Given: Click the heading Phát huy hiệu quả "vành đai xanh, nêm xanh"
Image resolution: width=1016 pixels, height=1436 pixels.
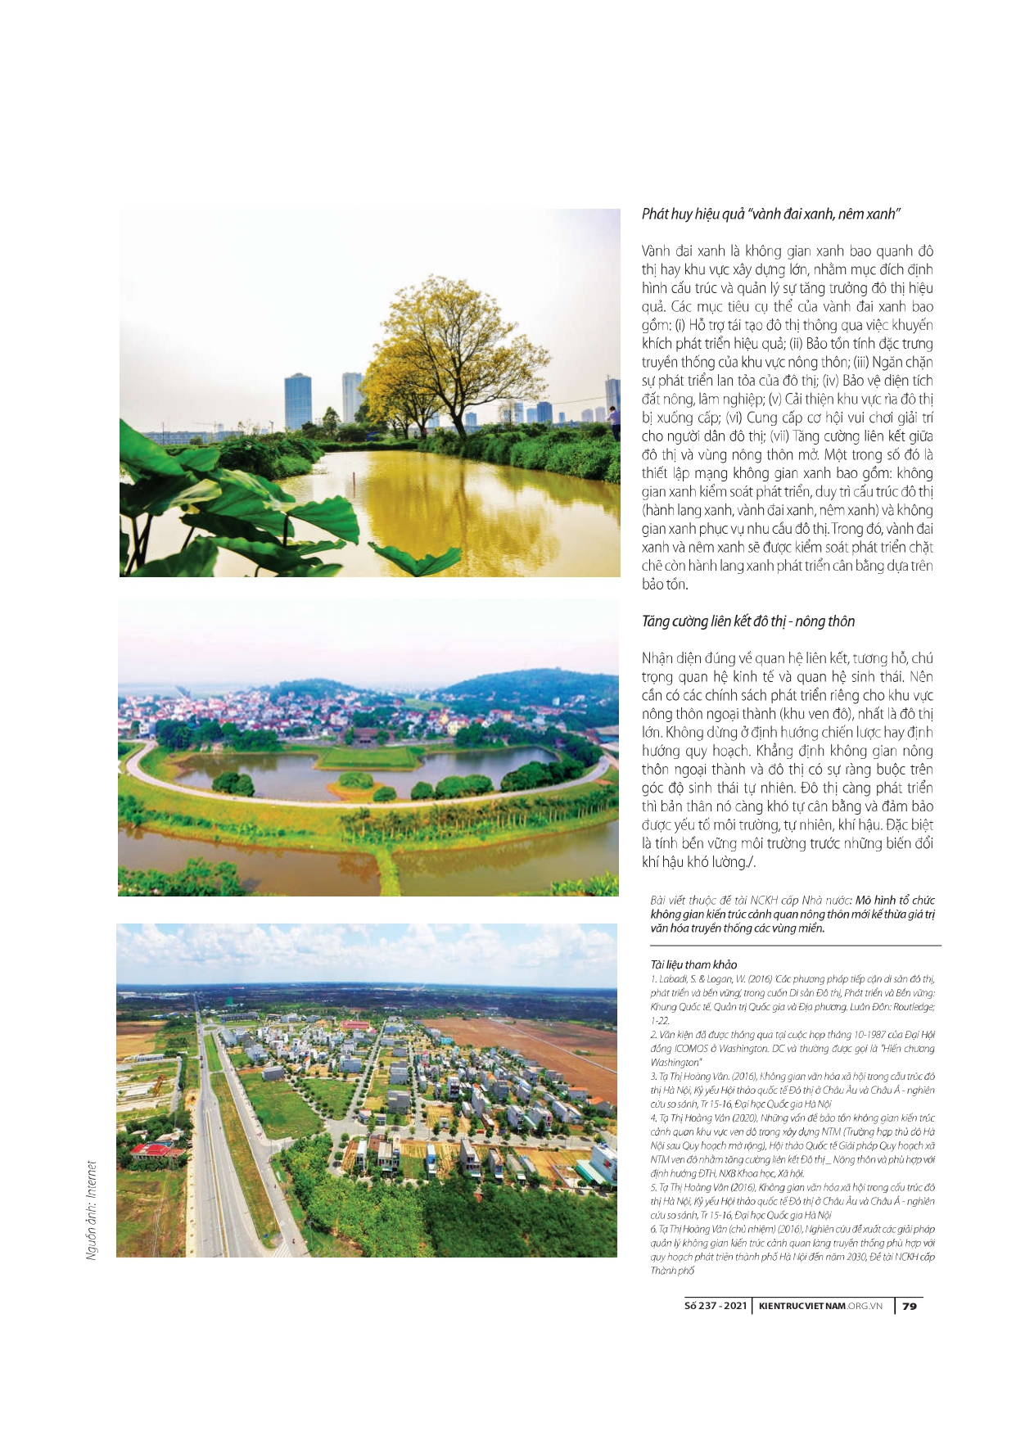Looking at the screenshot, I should (x=770, y=214).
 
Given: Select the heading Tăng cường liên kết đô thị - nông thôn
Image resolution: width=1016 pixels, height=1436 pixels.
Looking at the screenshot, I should (x=747, y=621).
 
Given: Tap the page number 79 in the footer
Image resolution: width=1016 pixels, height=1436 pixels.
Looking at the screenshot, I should (x=909, y=1306).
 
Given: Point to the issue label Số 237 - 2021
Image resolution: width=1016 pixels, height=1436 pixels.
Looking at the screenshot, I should (x=715, y=1306).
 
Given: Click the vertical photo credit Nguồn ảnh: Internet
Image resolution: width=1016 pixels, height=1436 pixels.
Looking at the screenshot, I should (x=92, y=1209).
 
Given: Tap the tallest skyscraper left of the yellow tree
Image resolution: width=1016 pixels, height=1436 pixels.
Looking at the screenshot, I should (x=297, y=401).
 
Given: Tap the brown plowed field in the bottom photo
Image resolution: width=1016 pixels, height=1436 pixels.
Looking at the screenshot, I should (x=532, y=1048).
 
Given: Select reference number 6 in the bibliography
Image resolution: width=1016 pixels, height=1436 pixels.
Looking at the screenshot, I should (x=653, y=1229).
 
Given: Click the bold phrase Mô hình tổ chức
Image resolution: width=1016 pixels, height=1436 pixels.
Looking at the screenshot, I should (x=894, y=900).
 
